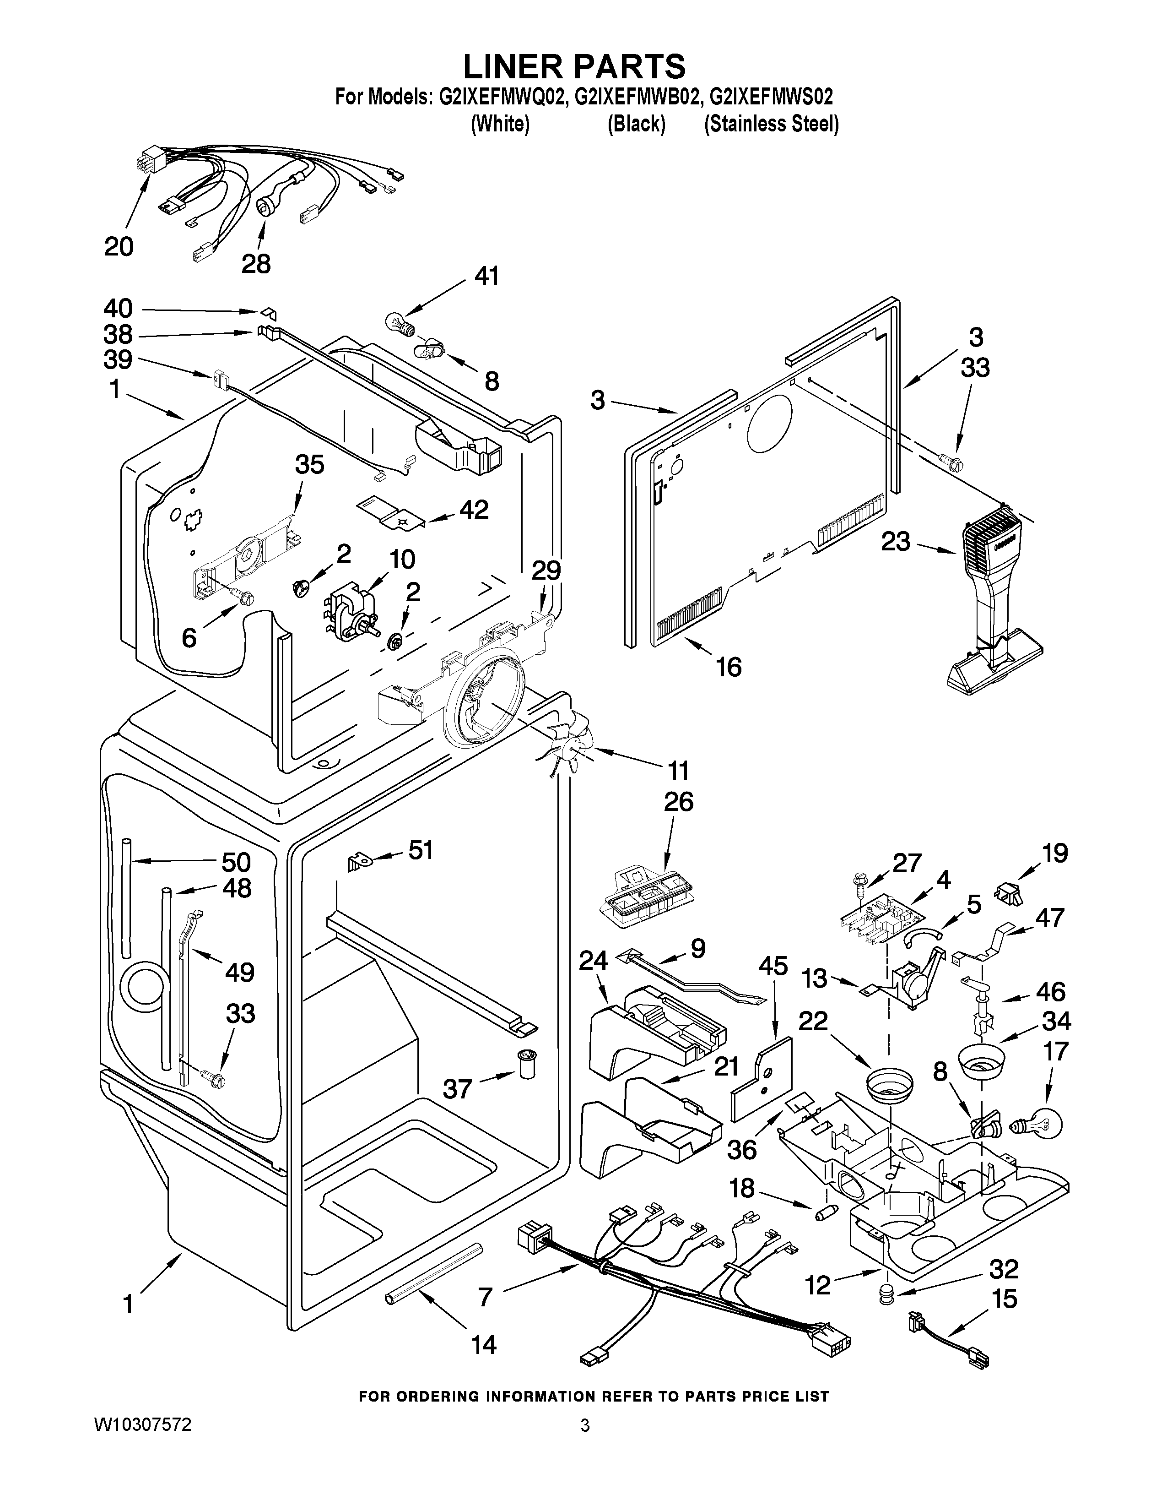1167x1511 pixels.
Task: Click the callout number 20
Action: (x=119, y=246)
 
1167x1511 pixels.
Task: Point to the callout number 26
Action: (x=678, y=802)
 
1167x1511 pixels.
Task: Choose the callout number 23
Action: (x=895, y=541)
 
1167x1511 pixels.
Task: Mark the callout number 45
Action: (x=773, y=966)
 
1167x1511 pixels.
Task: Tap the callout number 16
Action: (x=729, y=666)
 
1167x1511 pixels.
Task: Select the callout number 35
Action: (x=309, y=465)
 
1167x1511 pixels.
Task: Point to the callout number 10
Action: (x=402, y=558)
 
